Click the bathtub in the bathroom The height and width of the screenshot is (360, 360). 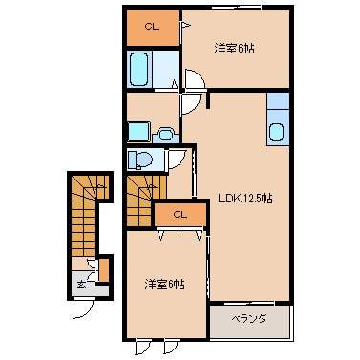[139, 69]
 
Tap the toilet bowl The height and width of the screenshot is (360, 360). [140, 159]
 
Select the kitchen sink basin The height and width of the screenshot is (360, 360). [276, 132]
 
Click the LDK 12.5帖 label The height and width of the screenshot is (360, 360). [245, 199]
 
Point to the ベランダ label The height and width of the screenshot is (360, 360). [249, 318]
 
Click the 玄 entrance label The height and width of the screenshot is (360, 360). [81, 285]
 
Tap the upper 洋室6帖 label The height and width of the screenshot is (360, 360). [234, 49]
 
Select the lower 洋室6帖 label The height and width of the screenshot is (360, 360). [165, 284]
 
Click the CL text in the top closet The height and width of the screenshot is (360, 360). [152, 27]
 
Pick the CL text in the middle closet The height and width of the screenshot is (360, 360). [180, 215]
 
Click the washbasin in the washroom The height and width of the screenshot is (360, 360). [165, 135]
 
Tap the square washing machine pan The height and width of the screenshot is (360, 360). [138, 131]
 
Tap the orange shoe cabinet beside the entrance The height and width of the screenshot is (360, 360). [104, 270]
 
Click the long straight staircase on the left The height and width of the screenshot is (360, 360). [83, 220]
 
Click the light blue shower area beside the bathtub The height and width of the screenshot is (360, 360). [165, 69]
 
